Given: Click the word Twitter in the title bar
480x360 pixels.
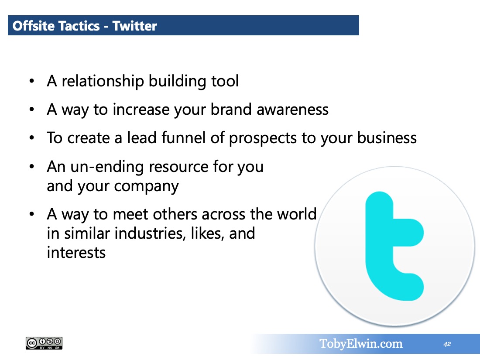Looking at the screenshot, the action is point(135,26).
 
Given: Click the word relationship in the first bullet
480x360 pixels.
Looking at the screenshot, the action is point(103,82).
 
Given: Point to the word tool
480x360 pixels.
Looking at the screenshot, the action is point(225,81).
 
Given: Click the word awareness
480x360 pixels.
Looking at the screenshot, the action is point(292,110).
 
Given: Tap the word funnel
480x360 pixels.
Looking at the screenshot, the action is point(183,137).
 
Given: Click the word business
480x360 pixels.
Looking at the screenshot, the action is point(387,137).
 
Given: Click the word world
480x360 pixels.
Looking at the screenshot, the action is point(297,214).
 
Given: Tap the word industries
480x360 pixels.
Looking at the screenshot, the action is point(150,233).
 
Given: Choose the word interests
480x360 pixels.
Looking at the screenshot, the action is point(76,253).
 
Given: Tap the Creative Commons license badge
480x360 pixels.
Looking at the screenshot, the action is point(44,343).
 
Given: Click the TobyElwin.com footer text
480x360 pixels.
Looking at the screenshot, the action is point(361,344).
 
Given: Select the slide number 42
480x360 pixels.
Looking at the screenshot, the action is point(447,344).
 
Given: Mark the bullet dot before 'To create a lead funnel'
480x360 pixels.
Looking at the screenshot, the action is point(31,138).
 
